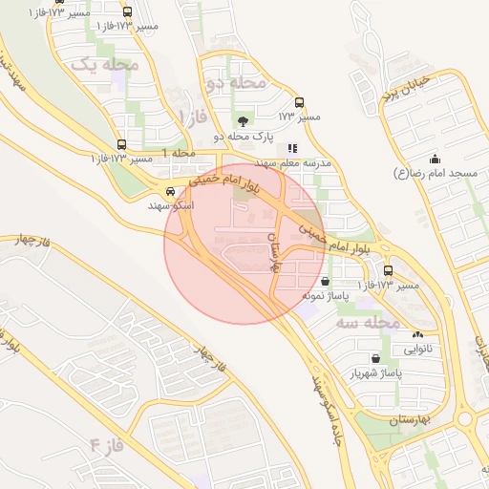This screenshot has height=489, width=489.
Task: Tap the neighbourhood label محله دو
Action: tap(234, 82)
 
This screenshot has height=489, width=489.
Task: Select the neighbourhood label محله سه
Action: tap(367, 323)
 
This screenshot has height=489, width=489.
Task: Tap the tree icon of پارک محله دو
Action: tap(243, 120)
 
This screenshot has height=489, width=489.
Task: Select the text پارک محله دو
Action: tap(243, 137)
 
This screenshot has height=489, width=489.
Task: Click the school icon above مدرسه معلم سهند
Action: tap(292, 149)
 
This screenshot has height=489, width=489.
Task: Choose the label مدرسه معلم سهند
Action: tap(292, 164)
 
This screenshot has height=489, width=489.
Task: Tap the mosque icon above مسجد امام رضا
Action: tap(436, 159)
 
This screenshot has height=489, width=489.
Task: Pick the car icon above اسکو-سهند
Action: tap(170, 190)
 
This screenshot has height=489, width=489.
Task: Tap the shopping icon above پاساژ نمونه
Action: tap(328, 282)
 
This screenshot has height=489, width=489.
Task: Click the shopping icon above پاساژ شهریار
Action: tap(375, 357)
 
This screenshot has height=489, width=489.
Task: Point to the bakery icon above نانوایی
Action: tap(416, 334)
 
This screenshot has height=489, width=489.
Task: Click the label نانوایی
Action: tap(416, 349)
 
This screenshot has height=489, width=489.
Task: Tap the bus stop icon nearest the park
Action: tap(299, 101)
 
